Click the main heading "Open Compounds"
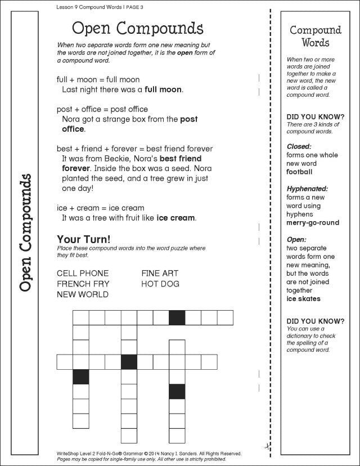138,28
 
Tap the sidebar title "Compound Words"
315,36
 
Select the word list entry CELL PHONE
83,274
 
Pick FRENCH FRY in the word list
83,284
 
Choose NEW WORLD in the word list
82,294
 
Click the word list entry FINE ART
160,274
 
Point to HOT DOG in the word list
160,284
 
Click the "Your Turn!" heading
84,239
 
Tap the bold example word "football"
299,172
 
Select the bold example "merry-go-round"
313,222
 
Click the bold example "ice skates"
303,299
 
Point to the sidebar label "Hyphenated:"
307,189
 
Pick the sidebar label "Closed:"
299,146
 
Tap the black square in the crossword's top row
177,317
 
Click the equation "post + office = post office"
102,109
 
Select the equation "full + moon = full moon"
98,79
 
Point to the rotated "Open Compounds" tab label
24,232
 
